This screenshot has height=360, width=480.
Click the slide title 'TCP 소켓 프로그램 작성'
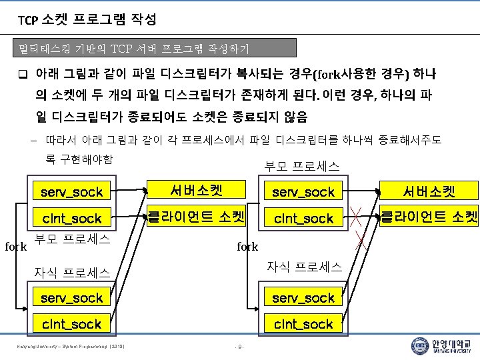coord(87,20)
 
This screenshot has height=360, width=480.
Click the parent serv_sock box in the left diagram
coord(71,192)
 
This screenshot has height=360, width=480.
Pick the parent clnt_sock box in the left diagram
coord(71,218)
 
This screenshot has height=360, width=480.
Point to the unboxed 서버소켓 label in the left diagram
coord(195,190)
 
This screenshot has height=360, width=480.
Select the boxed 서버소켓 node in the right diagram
coord(428,192)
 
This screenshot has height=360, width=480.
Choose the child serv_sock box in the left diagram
coord(71,297)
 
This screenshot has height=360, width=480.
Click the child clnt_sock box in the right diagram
coord(303,324)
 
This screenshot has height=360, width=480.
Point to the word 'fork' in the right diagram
coord(247,247)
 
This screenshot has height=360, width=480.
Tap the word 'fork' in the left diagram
coord(15,247)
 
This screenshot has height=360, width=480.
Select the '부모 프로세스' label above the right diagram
coord(301,165)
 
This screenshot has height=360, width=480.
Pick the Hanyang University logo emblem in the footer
coord(419,346)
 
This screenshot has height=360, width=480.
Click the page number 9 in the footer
coord(240,347)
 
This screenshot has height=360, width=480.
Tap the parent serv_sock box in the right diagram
coord(303,192)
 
